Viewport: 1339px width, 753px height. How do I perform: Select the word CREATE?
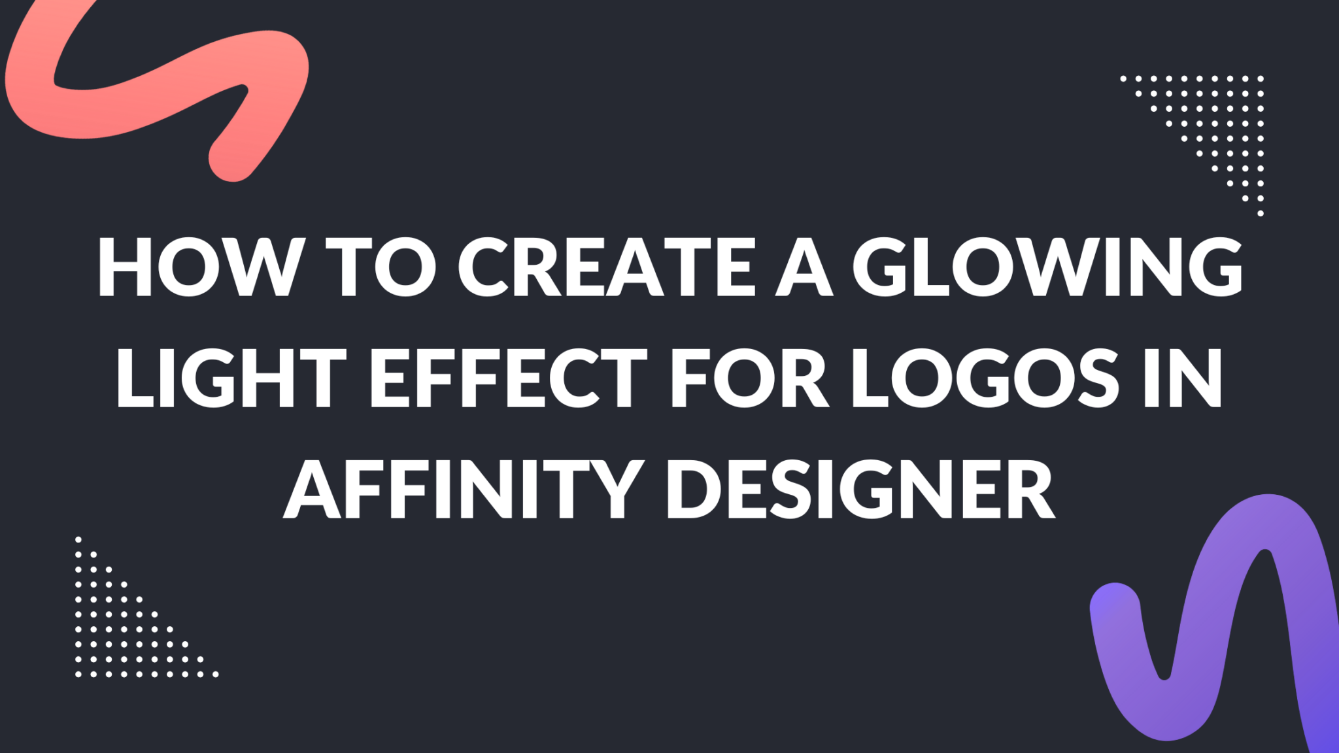[607, 268]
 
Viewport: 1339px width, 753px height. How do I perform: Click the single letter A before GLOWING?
[804, 268]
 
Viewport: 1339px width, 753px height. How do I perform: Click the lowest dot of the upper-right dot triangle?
[1261, 213]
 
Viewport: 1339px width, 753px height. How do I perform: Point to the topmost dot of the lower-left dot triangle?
[78, 539]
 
